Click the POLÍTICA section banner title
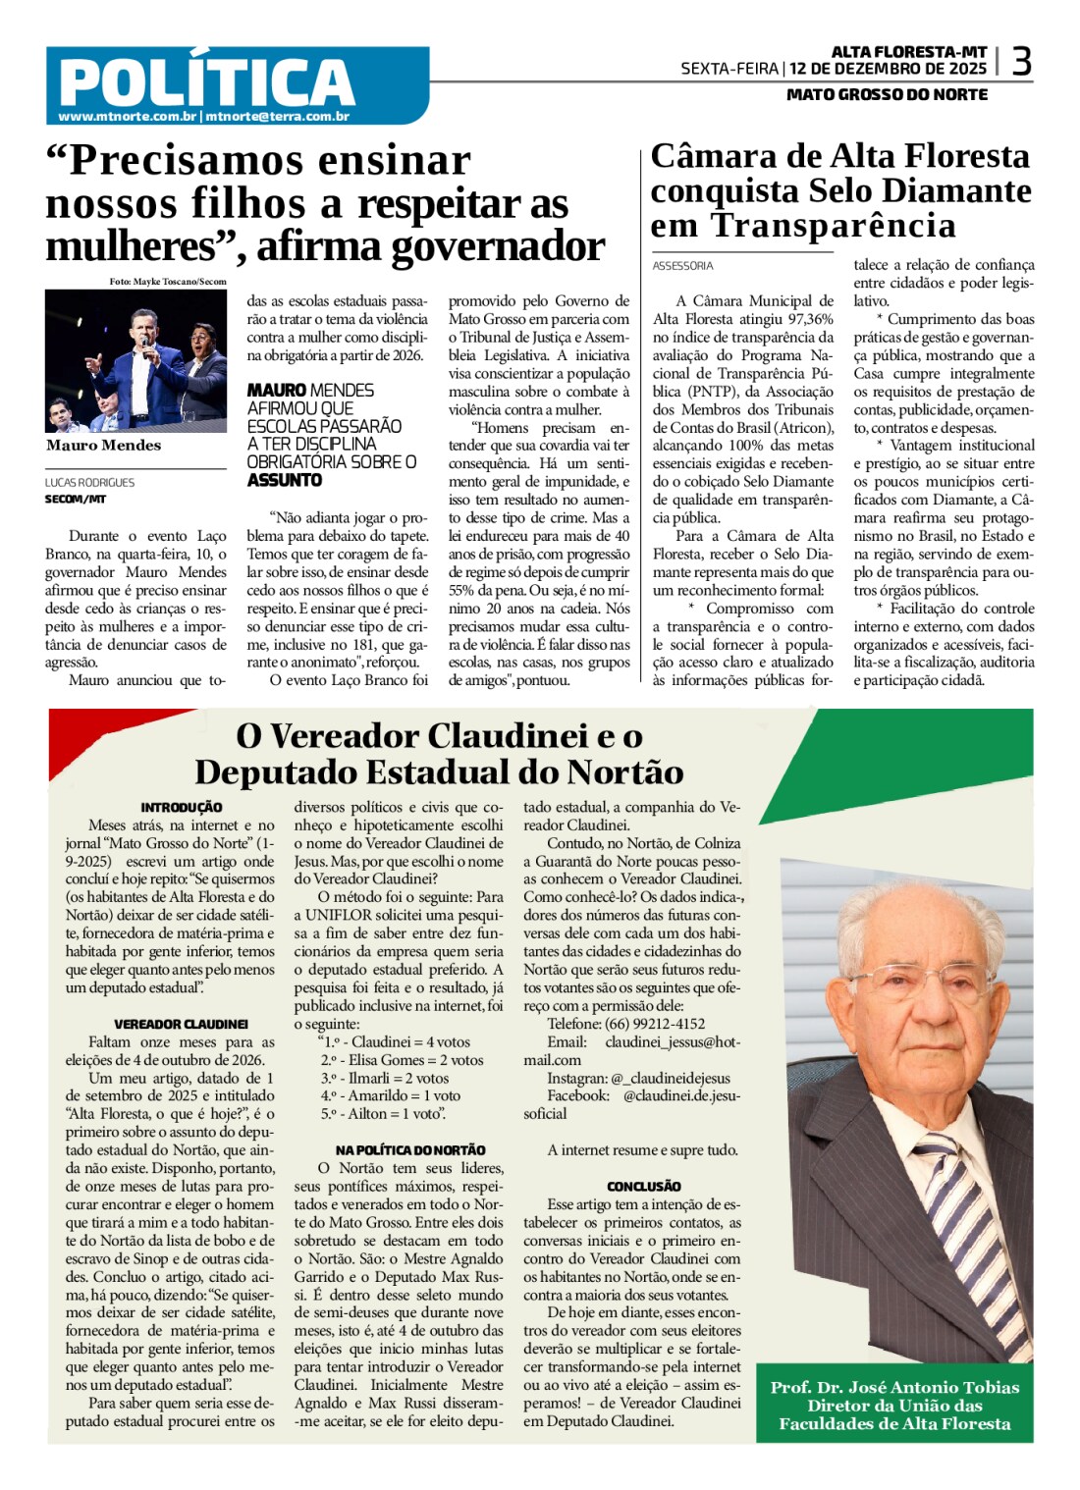[x=206, y=81]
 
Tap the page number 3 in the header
[x=1021, y=63]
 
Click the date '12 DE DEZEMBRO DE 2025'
[x=888, y=69]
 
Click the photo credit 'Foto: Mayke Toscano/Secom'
[x=168, y=282]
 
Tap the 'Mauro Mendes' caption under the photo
[x=103, y=446]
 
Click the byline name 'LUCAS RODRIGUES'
[x=89, y=483]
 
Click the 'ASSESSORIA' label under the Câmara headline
[x=682, y=266]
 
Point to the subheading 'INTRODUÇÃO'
[x=182, y=807]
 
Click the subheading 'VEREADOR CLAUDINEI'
[x=182, y=1024]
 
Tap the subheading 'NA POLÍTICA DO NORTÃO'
[x=410, y=1149]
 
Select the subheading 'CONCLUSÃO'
[x=644, y=1186]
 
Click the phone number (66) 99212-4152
[x=655, y=1024]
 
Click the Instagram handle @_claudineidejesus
[x=672, y=1078]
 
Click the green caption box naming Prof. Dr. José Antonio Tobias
[x=894, y=1405]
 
